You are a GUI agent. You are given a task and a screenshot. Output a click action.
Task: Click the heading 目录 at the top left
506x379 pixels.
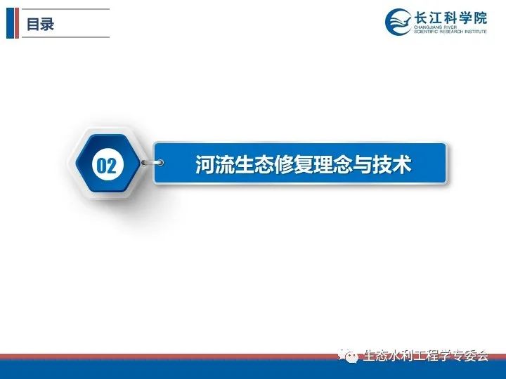[x=40, y=24]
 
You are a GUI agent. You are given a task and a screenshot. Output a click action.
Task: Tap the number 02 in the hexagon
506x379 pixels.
[x=106, y=166]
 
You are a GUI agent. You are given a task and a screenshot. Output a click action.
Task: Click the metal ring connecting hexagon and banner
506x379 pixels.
[x=153, y=163]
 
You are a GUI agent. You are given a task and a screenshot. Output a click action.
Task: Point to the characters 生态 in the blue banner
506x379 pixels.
[x=254, y=165]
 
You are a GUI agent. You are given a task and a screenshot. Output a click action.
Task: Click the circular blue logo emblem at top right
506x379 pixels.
[x=399, y=22]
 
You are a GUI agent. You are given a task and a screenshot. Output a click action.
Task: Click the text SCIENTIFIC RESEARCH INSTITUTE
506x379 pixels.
[x=450, y=32]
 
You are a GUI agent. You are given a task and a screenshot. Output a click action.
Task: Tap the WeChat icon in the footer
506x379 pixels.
[x=348, y=356]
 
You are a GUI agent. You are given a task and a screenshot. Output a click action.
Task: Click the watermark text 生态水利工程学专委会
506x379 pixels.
[x=426, y=355]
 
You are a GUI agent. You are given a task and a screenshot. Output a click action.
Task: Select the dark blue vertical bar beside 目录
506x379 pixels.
[x=11, y=23]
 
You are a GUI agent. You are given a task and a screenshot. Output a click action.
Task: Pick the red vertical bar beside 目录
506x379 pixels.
[x=17, y=23]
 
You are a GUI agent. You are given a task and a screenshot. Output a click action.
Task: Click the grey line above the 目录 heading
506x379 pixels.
[x=65, y=9]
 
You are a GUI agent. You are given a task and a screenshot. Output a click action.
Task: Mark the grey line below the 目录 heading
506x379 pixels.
[x=65, y=37]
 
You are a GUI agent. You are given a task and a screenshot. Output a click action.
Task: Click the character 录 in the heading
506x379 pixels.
[x=47, y=24]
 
